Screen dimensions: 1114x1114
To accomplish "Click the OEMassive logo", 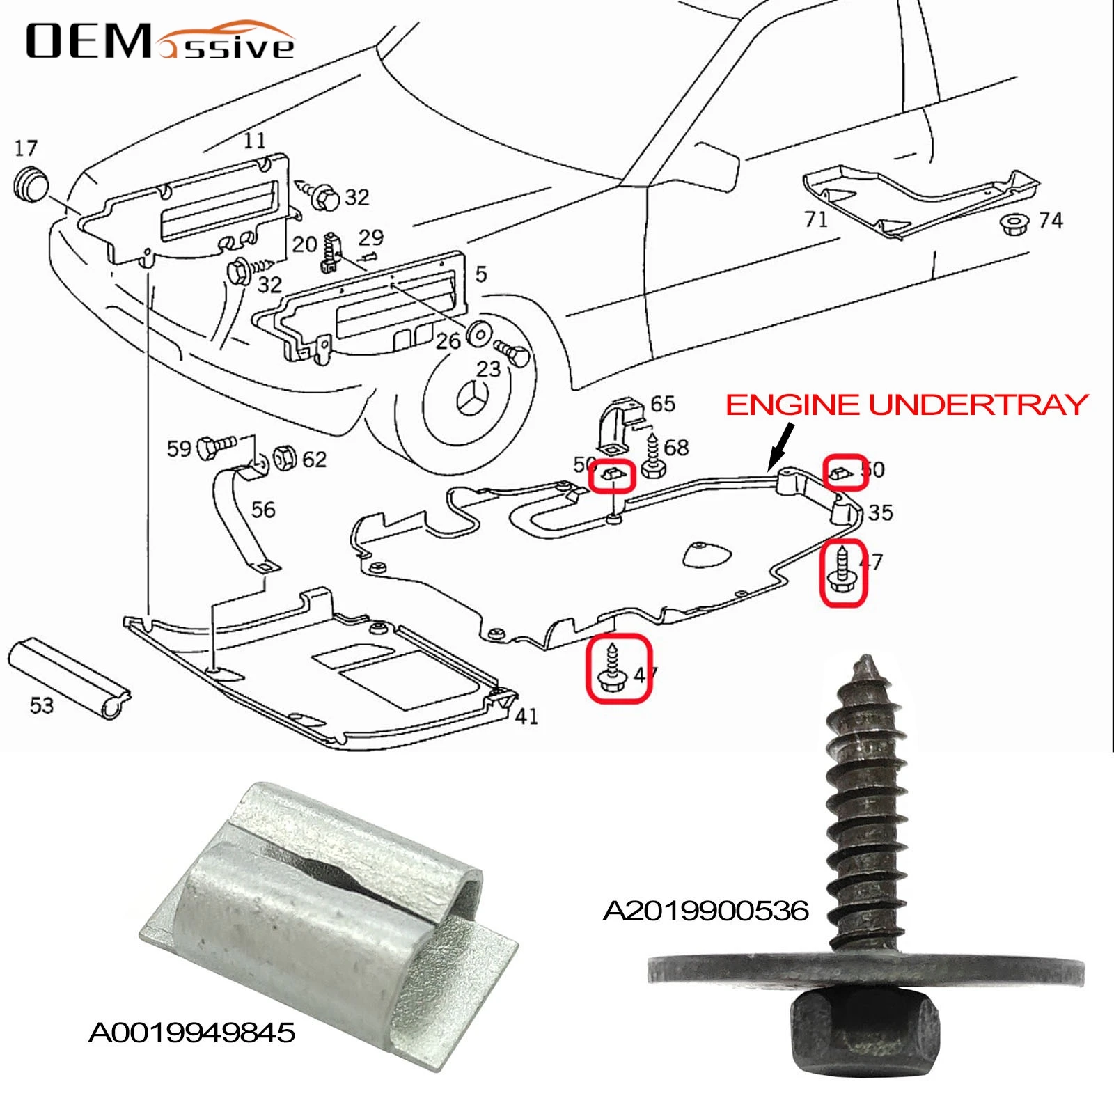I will coord(160,42).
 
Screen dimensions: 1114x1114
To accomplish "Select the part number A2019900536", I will coord(705,911).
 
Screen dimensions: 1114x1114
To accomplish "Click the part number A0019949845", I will coord(191,1033).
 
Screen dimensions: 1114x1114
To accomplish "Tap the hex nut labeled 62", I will coord(285,457).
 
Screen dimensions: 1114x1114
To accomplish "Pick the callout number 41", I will coord(526,716).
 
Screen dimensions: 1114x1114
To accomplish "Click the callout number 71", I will coord(815,219).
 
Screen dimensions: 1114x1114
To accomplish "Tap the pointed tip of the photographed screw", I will coord(865,661).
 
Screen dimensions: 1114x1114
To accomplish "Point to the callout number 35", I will coord(880,513).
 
